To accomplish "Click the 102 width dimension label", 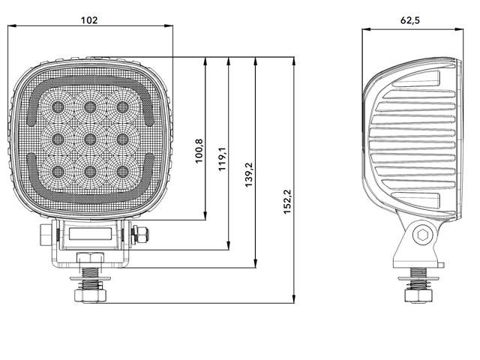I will click(x=89, y=20).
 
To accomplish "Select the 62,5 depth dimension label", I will click(x=409, y=21).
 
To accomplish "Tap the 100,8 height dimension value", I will click(x=199, y=151).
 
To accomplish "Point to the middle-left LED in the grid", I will click(x=57, y=138).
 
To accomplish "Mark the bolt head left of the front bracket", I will click(x=45, y=235).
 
